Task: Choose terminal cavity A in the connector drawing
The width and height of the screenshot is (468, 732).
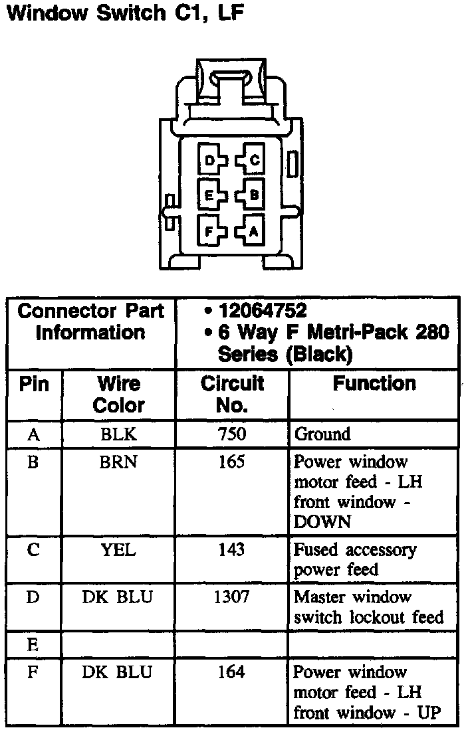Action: point(253,231)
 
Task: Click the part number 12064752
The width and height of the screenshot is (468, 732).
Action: point(262,310)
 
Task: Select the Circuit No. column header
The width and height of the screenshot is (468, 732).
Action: point(232,394)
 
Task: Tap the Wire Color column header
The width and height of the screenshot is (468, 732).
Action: point(119,394)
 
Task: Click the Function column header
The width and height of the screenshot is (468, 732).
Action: point(374,384)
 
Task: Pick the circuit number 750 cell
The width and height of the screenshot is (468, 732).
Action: point(232,434)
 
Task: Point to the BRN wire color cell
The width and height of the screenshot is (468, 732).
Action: point(119,462)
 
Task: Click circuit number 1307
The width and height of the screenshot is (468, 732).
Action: point(232,597)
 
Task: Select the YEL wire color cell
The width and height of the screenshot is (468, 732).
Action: point(119,550)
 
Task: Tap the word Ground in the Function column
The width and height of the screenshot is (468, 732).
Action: point(322,434)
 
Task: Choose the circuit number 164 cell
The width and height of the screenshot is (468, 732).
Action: point(232,672)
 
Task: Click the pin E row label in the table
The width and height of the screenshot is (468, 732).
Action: point(33,644)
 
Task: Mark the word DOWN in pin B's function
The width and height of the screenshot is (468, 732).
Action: point(322,522)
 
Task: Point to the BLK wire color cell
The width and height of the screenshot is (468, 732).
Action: point(119,434)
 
